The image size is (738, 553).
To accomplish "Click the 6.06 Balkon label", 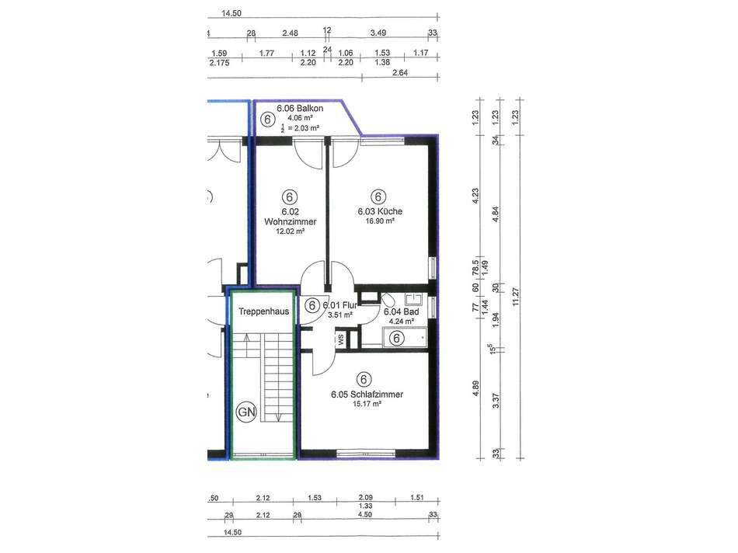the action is point(300,108).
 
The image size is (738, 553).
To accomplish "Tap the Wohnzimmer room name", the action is point(291,221).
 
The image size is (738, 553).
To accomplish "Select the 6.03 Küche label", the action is point(380,211).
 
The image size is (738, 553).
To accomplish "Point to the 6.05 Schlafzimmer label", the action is point(367,395).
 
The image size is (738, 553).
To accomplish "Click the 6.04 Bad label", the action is point(402,311).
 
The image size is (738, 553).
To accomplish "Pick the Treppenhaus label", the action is point(263,311).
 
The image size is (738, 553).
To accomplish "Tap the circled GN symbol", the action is point(246,412).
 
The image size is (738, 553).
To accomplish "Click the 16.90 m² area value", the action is point(380,221).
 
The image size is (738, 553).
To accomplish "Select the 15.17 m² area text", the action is point(367,404).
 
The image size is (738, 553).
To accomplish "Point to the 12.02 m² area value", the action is point(291,231).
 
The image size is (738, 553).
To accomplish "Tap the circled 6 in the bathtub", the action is point(397,338).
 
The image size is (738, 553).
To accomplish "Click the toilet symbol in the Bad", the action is point(388,301).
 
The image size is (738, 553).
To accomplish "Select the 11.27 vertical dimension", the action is point(515,297).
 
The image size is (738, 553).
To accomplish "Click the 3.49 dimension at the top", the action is point(378,33).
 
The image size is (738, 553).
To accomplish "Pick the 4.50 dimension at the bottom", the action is point(365,514).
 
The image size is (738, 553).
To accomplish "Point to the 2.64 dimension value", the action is point(399,72).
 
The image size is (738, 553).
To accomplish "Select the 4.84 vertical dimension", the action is point(495,214).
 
